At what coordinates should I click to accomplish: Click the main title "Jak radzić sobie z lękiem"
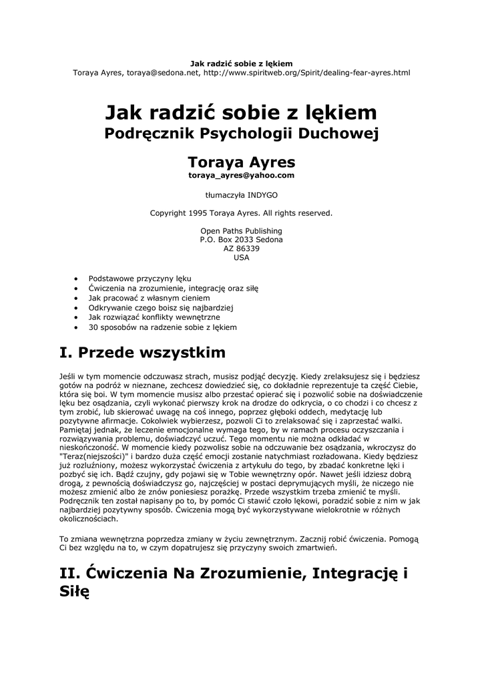(242, 112)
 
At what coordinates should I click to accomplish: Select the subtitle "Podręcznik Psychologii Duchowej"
(242, 134)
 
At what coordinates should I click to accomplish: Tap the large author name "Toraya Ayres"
(242, 162)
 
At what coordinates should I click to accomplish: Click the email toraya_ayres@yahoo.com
(242, 175)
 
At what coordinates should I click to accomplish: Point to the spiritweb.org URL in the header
(306, 72)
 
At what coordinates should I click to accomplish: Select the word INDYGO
(262, 195)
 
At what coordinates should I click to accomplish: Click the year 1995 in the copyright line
(202, 213)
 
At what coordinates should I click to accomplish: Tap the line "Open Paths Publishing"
(242, 231)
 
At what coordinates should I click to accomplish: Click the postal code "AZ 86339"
(242, 248)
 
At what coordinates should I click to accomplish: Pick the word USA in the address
(242, 257)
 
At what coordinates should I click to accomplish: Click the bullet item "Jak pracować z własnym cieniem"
(149, 297)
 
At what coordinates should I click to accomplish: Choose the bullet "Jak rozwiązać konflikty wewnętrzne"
(154, 317)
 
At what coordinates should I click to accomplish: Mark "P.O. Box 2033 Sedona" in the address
(242, 240)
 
